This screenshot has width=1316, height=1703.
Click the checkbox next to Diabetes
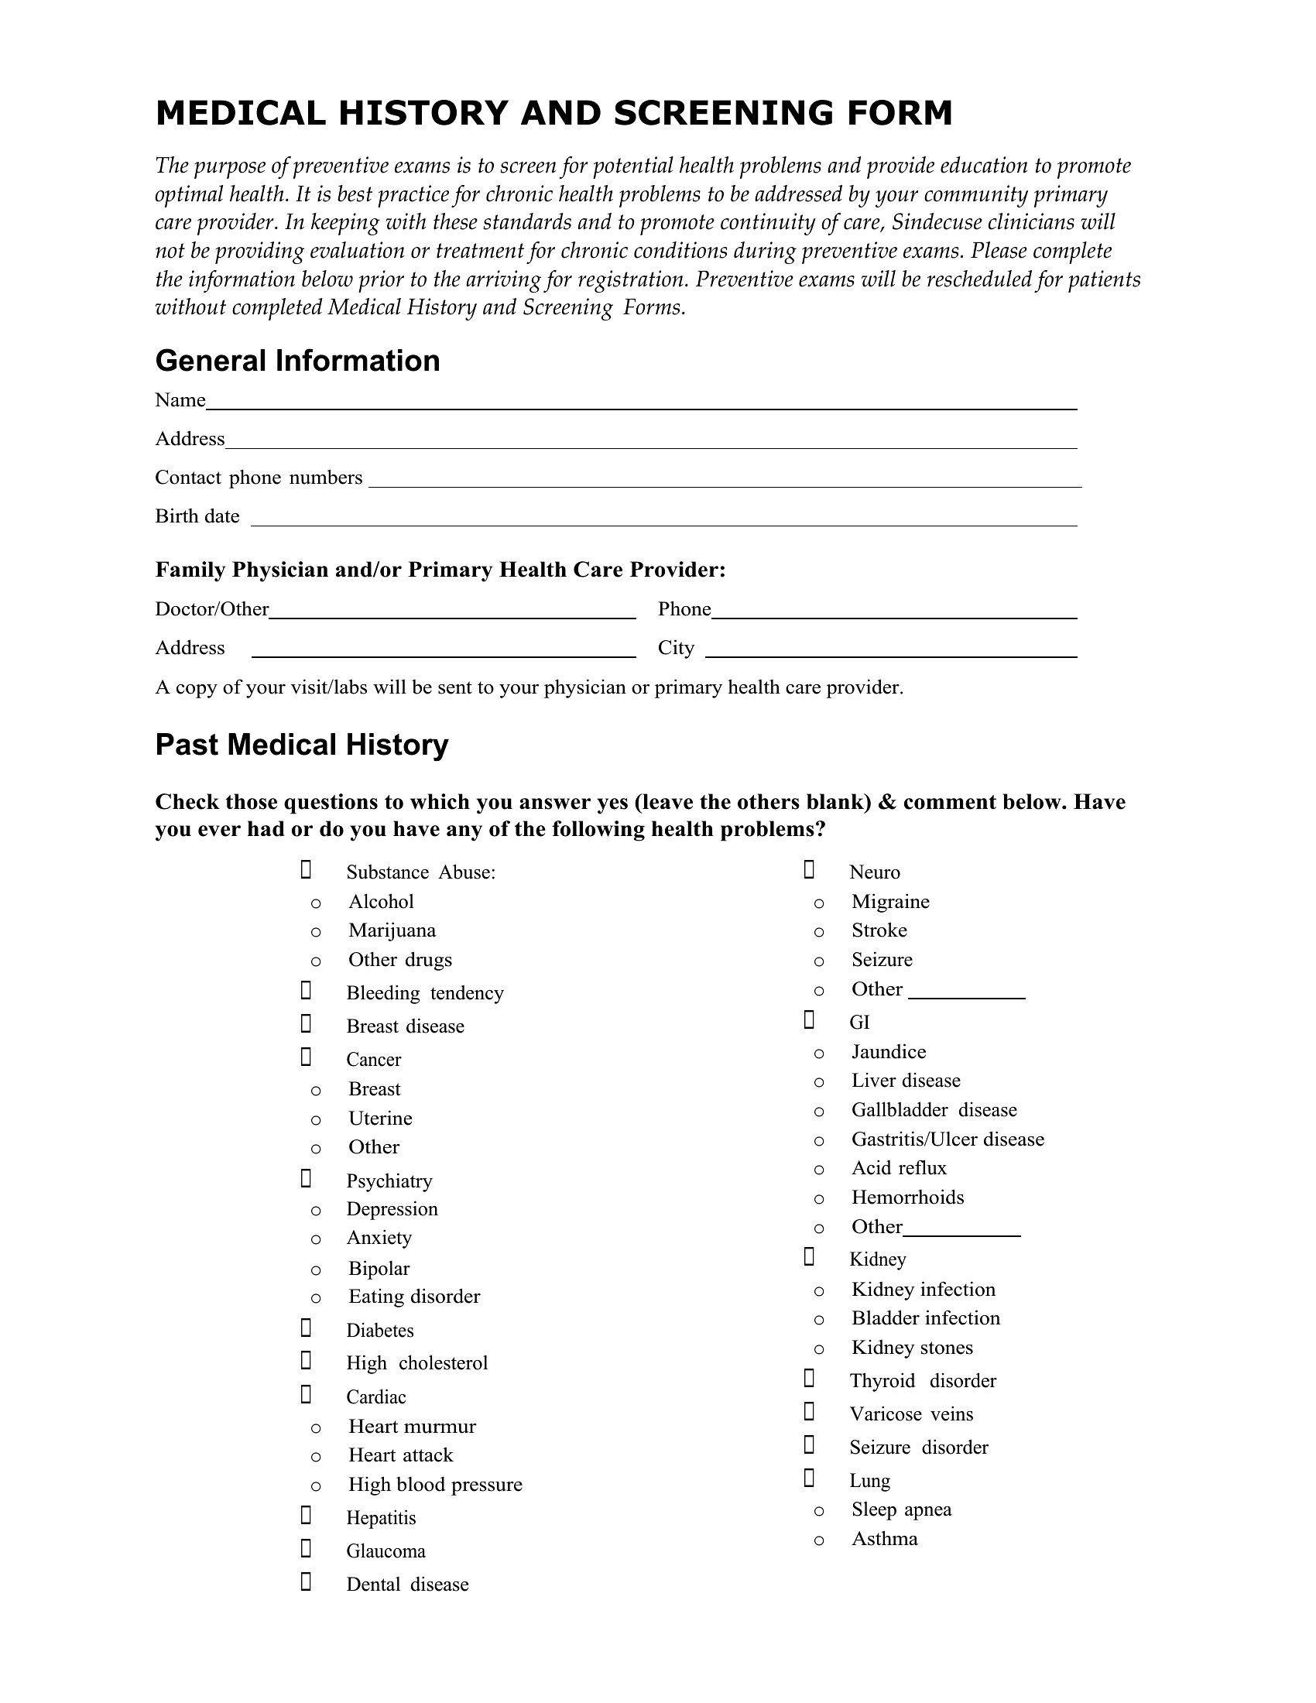(x=306, y=1328)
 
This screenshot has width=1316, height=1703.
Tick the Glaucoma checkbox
(x=306, y=1549)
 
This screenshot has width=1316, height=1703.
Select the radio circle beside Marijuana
(x=316, y=932)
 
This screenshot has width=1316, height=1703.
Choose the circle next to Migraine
(x=818, y=903)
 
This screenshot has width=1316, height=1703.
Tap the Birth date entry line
(x=663, y=521)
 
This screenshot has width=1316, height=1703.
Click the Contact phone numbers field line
(x=725, y=482)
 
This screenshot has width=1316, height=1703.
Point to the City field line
(x=891, y=653)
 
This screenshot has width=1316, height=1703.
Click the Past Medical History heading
(x=302, y=745)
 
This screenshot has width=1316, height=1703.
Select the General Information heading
(x=297, y=361)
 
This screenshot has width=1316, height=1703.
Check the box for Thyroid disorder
(x=809, y=1379)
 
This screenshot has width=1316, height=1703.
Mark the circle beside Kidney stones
(x=818, y=1349)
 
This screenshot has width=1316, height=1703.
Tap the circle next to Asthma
(x=818, y=1540)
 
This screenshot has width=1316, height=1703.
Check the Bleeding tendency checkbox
(x=306, y=990)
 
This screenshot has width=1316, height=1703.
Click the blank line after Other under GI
(x=962, y=1230)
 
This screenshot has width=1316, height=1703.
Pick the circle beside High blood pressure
(x=316, y=1486)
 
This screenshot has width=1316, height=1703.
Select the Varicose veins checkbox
(x=809, y=1411)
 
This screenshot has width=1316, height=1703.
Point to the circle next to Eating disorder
(x=316, y=1298)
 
